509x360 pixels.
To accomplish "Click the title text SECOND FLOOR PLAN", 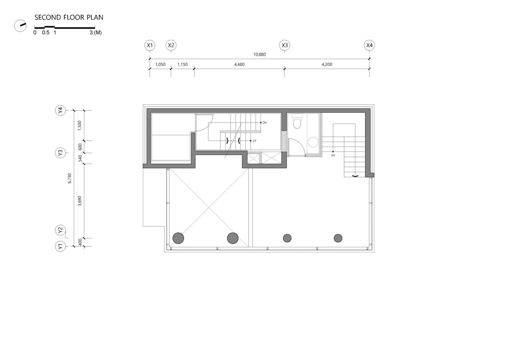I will (69, 17).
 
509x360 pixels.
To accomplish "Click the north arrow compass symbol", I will (20, 26).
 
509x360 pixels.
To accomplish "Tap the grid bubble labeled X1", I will (150, 45).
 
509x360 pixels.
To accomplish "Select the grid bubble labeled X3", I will (285, 45).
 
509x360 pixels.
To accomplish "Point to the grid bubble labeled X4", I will (369, 45).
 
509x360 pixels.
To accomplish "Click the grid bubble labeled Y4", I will (60, 110).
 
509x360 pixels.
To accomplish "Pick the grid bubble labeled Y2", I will (60, 230).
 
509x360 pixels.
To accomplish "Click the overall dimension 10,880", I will (259, 54).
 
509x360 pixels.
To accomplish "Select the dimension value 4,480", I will (239, 64).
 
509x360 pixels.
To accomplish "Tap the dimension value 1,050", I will (160, 64).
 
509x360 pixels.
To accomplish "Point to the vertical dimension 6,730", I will (70, 178).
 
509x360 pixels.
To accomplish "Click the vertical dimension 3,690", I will (80, 201).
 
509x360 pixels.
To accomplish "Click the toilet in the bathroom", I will (297, 122).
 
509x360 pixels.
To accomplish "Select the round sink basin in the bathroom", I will (313, 142).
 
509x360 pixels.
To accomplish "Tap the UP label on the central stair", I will (254, 141).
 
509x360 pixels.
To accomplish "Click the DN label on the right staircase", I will (333, 156).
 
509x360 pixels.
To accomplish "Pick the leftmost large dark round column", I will (178, 238).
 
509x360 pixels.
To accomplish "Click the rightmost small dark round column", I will (338, 238).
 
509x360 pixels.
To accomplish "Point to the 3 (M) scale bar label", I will (96, 32).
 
